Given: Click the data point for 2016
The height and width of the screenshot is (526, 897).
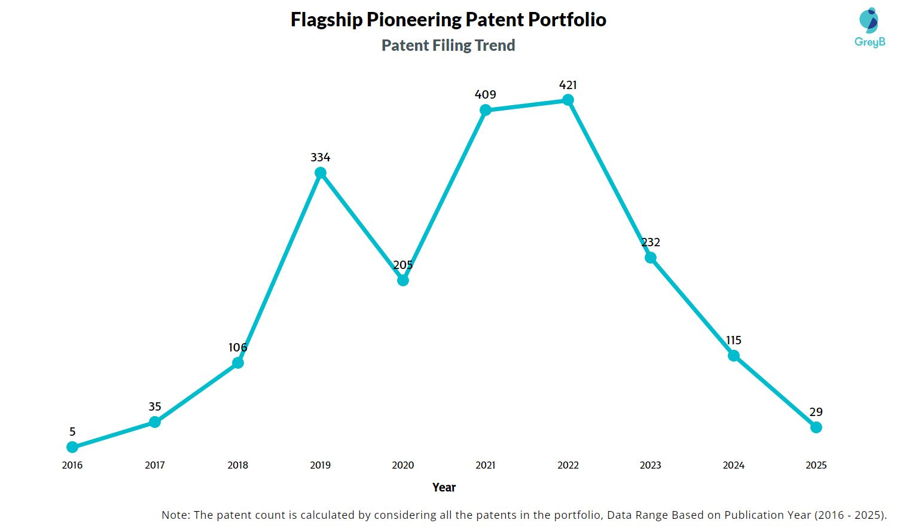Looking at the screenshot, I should (72, 447).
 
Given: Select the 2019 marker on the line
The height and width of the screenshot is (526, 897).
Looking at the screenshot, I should (321, 173).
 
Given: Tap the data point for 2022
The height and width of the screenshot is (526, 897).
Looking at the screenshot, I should (568, 100).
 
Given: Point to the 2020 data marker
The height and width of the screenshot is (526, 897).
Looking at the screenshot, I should (403, 280).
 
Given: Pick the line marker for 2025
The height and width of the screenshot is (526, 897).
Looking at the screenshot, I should (816, 427).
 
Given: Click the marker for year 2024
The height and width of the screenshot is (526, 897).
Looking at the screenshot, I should (734, 356).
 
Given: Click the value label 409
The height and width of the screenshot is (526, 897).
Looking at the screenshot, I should (486, 94).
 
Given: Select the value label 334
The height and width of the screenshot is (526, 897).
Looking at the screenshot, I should (321, 157).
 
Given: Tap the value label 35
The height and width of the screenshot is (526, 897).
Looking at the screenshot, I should (155, 406).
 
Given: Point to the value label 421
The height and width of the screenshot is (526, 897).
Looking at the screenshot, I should (568, 85).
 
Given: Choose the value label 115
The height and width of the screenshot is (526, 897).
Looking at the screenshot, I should (734, 340).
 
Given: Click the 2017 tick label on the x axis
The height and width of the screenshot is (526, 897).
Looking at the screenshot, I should (155, 465).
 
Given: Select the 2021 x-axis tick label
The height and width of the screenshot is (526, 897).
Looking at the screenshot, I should (486, 465).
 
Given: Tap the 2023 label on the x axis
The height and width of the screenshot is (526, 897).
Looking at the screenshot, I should (651, 465).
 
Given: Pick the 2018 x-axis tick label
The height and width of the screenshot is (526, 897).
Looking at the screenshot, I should (238, 465).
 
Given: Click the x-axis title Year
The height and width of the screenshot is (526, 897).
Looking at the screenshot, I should (444, 487).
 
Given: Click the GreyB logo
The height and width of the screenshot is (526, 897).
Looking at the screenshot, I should (869, 27).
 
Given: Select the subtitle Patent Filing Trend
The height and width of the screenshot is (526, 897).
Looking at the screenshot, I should (448, 45).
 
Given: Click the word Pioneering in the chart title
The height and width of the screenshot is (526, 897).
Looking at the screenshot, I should (414, 20).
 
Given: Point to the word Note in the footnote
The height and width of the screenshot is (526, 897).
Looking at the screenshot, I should (175, 515).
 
